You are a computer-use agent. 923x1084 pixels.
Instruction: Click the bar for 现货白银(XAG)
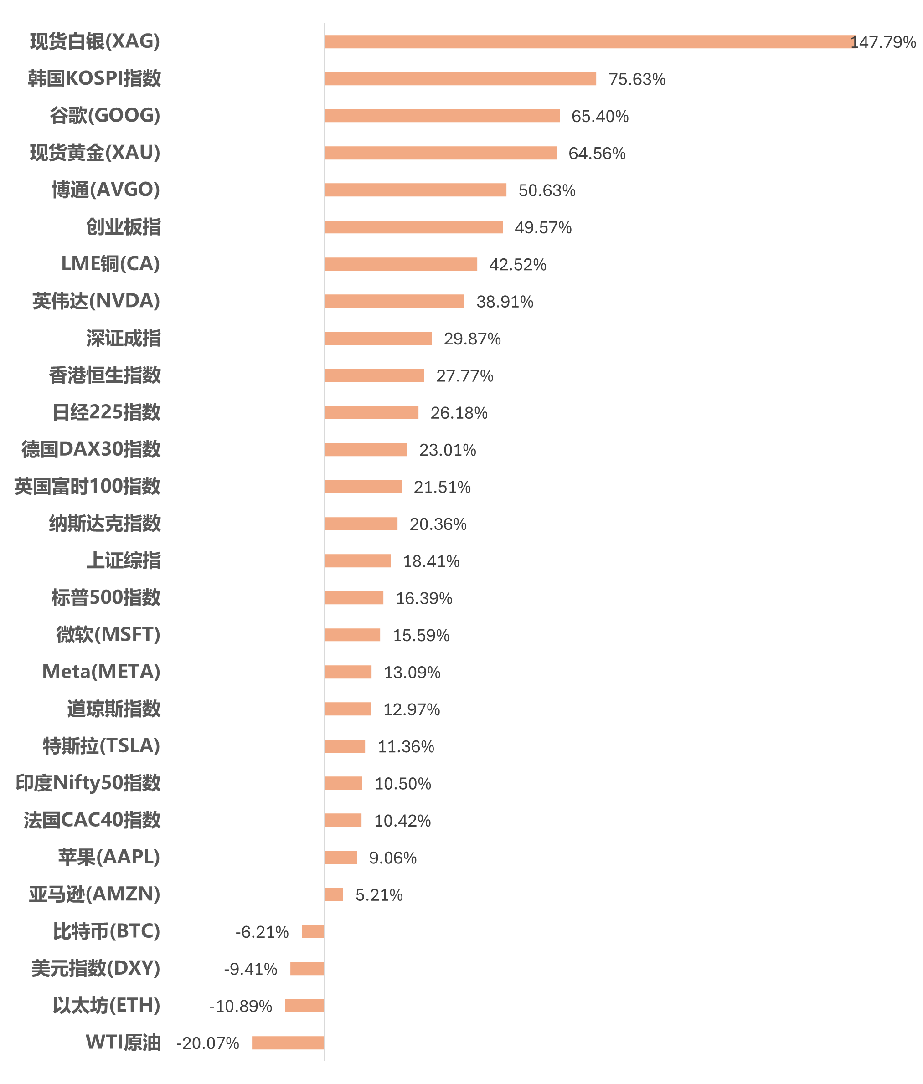590,42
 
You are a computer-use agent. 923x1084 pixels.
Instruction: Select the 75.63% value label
636,79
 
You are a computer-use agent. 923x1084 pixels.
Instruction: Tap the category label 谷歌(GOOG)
105,116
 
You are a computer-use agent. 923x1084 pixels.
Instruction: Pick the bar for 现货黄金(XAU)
441,153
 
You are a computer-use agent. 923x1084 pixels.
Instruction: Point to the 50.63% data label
547,190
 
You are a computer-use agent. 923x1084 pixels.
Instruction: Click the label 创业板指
123,227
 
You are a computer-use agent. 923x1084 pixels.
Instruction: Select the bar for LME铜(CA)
401,264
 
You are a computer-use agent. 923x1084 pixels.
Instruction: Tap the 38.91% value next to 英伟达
505,302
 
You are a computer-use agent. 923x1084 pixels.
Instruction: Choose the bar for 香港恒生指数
374,375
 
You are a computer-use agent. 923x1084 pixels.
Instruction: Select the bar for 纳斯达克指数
361,524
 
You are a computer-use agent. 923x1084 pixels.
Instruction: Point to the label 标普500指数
106,598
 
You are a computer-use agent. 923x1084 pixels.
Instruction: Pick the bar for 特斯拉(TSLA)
345,746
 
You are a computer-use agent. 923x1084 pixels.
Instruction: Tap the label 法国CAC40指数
92,820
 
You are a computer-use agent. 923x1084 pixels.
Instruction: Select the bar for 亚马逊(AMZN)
334,894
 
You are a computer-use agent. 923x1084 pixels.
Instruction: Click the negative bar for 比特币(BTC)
313,932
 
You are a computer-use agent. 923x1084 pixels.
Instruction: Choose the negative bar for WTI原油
288,1043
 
